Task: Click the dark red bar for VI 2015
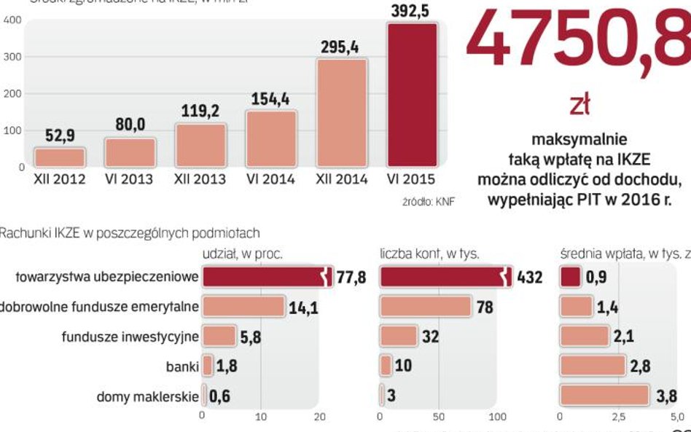pos(412,95)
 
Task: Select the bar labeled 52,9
pos(60,157)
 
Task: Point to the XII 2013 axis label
pos(200,179)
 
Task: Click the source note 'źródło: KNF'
pos(428,202)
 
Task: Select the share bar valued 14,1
pos(243,307)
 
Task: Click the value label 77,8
pos(351,278)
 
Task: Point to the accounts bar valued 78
pos(425,307)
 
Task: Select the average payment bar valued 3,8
pos(604,396)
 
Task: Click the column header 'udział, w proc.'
pos(242,254)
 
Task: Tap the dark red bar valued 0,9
pos(570,277)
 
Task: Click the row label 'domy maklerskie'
pos(147,397)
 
